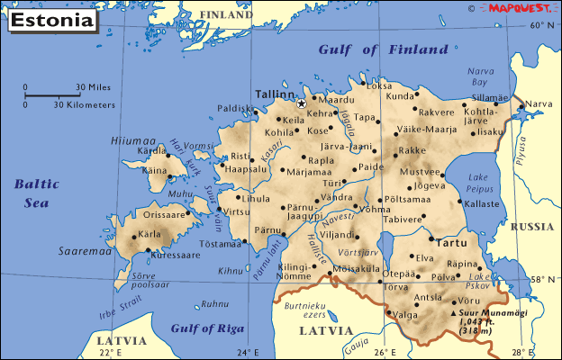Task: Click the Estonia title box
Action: point(51,19)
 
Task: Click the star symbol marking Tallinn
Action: point(302,103)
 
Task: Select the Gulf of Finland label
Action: point(384,49)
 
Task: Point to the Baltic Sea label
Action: point(36,193)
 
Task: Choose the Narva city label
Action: point(539,105)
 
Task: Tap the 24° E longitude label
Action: point(248,352)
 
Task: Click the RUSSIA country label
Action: point(531,227)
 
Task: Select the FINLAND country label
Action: point(226,15)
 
